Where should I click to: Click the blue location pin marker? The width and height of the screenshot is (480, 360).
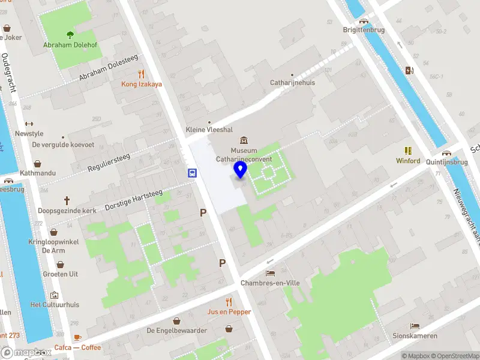tap(241, 170)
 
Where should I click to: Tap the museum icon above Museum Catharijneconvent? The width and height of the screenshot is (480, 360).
tap(244, 140)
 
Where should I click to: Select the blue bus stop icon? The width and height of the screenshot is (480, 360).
tap(192, 173)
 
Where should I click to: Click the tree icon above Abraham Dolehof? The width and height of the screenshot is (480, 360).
tap(70, 35)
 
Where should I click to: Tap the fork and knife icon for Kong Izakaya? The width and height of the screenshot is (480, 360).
tap(142, 74)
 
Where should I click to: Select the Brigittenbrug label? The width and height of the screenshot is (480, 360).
tap(364, 29)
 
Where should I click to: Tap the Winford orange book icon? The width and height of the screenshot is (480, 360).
tap(408, 151)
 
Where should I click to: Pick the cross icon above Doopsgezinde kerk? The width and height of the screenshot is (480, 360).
tap(67, 200)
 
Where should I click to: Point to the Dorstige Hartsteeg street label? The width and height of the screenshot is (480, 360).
tap(134, 199)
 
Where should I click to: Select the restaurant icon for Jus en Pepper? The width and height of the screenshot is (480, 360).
tap(229, 301)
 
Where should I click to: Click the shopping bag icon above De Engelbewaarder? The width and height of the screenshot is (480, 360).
tap(176, 320)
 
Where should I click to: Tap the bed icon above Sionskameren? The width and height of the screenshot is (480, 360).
tap(415, 326)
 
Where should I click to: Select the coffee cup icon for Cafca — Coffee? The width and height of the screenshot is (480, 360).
tap(77, 337)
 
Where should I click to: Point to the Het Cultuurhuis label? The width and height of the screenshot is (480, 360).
tap(55, 305)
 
